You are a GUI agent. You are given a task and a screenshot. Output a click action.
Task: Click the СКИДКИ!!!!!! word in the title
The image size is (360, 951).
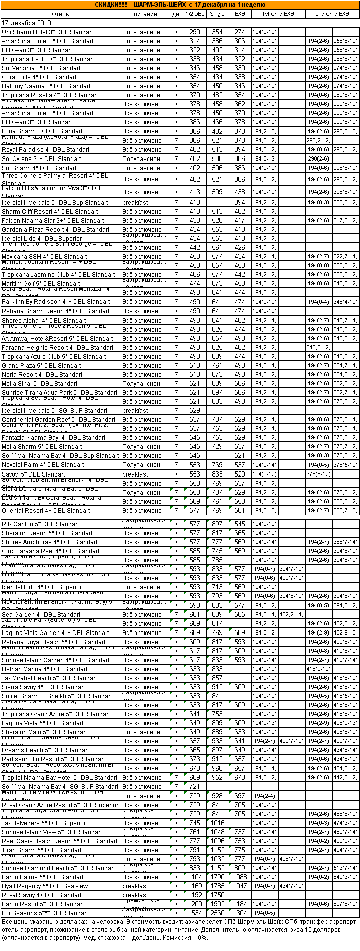pos(111,5)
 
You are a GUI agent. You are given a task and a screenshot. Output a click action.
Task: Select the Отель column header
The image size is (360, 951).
pos(60,14)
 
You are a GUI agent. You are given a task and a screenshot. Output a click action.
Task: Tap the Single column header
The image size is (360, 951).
pos(217,14)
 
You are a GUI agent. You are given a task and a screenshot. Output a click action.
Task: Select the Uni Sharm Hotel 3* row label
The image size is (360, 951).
pos(47,32)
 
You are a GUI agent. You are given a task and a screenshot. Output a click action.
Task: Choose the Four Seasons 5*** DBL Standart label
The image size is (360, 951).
pos(45,913)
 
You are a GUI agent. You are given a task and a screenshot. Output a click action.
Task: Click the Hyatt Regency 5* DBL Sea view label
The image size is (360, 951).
pos(45,886)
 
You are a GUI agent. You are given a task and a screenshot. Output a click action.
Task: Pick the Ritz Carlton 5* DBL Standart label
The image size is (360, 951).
pos(40,524)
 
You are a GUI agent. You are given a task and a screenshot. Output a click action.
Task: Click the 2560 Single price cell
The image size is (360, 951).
pos(217,913)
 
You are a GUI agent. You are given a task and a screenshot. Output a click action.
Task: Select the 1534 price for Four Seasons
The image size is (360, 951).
pos(195,913)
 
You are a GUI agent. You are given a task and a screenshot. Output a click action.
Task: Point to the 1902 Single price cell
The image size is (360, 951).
pos(217,904)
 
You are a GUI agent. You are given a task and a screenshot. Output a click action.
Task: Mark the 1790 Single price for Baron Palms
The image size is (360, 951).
pos(217,877)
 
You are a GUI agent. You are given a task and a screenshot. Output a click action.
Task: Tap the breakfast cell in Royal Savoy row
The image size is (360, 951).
pos(135,895)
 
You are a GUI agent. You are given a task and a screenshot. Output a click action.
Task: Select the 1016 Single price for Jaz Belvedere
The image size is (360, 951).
pos(217,823)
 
